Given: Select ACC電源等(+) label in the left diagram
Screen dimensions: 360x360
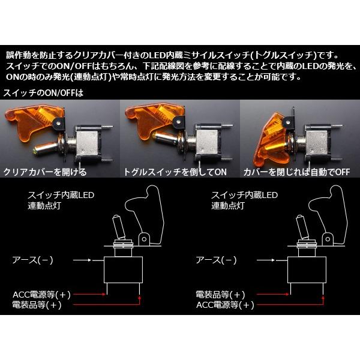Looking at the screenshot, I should point(41,295).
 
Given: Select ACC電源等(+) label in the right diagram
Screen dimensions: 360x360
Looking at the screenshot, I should point(225,305).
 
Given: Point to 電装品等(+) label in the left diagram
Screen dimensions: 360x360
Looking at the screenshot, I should point(37,305).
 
